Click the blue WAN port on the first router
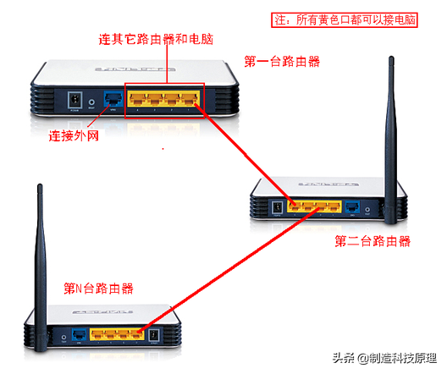coord(111,100)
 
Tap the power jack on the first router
coord(74,99)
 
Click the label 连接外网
coord(74,135)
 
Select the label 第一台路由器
coord(282,61)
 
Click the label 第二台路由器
coord(372,240)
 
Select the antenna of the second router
coord(391,127)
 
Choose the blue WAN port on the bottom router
coord(79,334)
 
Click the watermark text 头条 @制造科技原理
coord(386,358)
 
